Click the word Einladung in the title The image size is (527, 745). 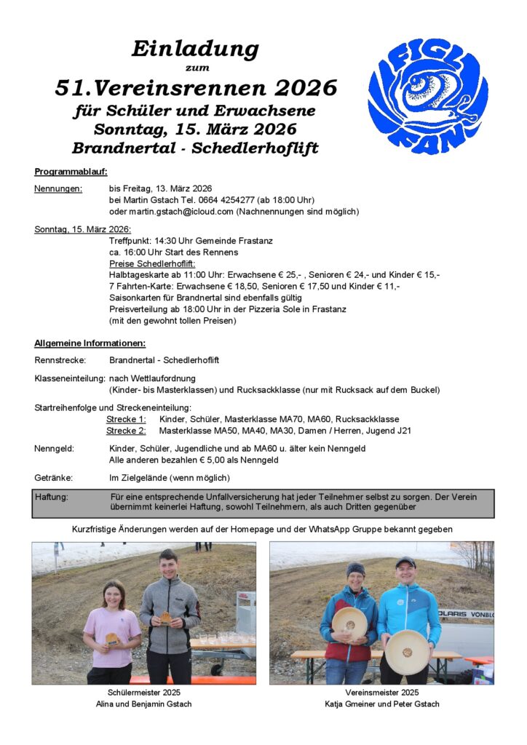tap(195, 49)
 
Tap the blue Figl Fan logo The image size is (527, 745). tap(428, 95)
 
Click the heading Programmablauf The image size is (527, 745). tap(71, 172)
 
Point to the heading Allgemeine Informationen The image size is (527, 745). tap(90, 343)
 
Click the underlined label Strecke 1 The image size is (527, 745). tap(126, 419)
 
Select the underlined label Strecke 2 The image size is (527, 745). tap(126, 431)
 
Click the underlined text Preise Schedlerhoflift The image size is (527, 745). tap(152, 263)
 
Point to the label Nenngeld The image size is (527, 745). tap(54, 448)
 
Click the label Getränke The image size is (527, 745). tap(53, 478)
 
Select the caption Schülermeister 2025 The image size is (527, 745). tap(143, 693)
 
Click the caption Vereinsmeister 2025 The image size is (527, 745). tap(381, 693)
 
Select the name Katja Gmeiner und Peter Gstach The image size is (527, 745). tap(381, 704)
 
